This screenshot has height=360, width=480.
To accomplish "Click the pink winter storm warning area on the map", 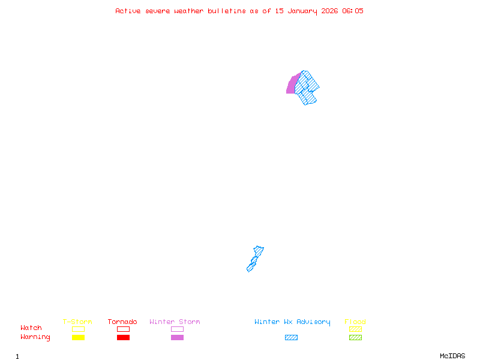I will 292,85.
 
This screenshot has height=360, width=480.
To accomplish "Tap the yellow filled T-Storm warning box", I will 78,338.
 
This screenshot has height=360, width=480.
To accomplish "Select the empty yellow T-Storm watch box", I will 78,329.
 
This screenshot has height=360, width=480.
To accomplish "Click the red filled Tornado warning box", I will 123,338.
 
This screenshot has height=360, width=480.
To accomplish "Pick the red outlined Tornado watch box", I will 123,329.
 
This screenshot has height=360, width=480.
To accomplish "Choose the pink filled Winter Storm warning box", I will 177,338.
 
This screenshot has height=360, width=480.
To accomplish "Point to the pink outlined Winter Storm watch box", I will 177,329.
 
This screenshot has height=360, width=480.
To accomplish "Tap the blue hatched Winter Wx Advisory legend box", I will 291,338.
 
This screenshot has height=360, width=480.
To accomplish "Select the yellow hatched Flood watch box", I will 355,329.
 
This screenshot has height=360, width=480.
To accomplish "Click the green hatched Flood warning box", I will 355,338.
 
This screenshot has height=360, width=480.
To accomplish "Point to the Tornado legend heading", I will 122,322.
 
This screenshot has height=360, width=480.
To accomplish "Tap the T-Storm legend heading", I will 77,322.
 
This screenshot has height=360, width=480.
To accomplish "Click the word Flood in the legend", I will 355,322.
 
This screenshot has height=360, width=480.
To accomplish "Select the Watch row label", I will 31,328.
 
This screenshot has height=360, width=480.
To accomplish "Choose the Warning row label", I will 35,337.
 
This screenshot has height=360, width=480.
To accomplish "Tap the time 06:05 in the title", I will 353,11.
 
